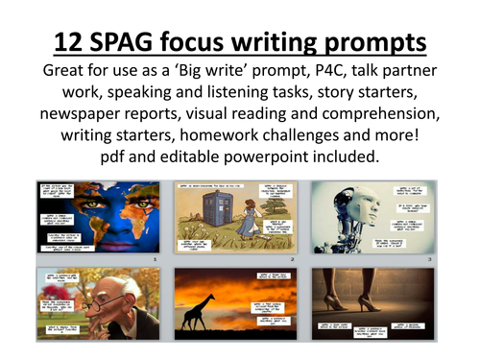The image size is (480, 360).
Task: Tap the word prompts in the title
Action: [x=372, y=42]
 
